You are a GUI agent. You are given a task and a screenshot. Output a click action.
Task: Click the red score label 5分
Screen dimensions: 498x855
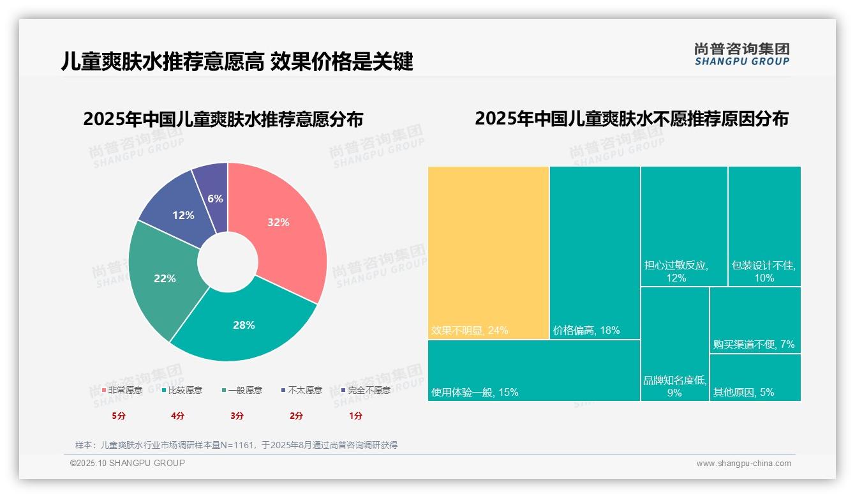coord(119,416)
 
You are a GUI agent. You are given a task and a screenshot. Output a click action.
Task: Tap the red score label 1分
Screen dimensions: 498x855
coord(355,416)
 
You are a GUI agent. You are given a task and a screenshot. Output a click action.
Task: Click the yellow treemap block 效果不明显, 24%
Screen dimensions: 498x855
coord(488,252)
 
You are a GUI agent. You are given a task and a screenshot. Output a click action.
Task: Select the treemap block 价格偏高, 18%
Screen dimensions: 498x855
coord(595,252)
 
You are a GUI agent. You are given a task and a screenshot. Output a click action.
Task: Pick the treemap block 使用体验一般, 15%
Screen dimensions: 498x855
coord(533,370)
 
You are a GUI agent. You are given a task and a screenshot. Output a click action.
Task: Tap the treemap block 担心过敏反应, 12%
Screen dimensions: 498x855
coord(684,226)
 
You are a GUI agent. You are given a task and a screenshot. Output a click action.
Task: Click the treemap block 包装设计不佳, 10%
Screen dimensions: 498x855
coord(764,226)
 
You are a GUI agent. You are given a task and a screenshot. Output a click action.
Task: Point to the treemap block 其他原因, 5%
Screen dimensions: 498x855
coord(755,377)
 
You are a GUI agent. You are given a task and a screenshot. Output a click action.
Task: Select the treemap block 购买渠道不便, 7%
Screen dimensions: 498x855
coord(755,320)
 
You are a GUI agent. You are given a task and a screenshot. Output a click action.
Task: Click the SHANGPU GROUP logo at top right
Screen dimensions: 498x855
coord(741,54)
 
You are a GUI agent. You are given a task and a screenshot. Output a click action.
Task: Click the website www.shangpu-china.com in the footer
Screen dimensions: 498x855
coord(743,464)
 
